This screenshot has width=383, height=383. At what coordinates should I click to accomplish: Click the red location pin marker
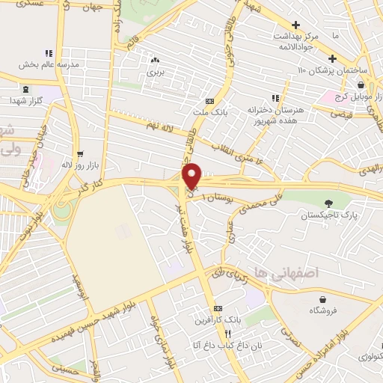coord(193,176)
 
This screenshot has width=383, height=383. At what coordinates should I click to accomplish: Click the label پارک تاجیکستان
coord(325,215)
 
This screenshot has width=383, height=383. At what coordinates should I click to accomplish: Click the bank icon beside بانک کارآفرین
coord(218,308)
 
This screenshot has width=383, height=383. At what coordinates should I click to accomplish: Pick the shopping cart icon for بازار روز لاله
coord(79,153)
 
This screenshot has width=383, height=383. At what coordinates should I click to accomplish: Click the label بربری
coord(155,73)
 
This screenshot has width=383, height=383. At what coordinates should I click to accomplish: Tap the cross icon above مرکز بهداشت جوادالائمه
coord(296,25)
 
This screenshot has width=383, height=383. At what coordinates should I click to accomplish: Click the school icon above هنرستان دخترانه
coord(275,98)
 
